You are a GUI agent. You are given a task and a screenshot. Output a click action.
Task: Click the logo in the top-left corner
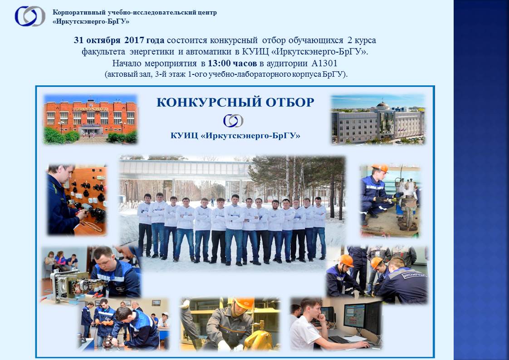coord(30,16)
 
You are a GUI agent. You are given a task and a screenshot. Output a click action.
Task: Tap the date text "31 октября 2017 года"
coord(119,40)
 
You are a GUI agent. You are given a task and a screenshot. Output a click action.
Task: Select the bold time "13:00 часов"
coord(232,63)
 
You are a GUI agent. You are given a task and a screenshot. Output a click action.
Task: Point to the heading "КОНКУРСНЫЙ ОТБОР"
coord(235,102)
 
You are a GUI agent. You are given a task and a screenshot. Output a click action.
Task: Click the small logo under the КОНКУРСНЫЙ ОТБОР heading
coord(233,121)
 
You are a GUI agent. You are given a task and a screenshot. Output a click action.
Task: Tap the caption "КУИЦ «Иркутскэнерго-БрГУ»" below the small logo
coord(235,135)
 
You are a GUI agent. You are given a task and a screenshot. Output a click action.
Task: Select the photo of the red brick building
coord(91,119)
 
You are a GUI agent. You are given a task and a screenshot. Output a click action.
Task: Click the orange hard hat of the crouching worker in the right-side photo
coord(380,168)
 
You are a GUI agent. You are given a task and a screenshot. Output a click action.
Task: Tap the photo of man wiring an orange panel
coord(77,199)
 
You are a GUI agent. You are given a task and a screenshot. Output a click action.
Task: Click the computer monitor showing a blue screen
coord(354,316)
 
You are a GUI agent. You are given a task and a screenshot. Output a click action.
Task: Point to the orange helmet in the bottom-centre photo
coord(245,303)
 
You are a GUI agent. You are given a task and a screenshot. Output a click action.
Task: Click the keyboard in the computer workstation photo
coord(338,340)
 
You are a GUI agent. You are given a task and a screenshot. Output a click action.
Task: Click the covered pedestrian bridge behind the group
coord(185,169)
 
